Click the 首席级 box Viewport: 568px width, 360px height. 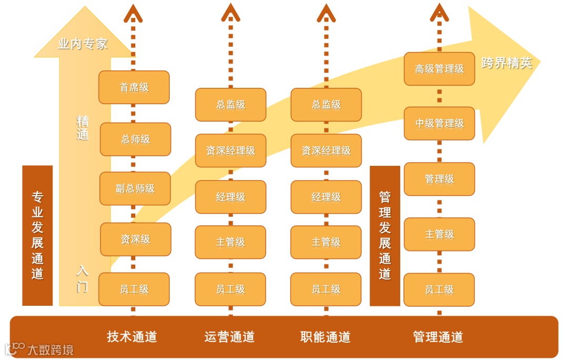(x=134, y=87)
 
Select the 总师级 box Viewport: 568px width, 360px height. (x=136, y=139)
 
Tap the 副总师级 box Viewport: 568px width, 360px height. (x=135, y=188)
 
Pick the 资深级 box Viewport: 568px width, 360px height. (x=136, y=239)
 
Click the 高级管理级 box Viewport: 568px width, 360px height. (x=439, y=68)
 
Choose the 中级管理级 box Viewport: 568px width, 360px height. (x=439, y=124)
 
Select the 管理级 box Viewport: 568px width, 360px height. (x=439, y=179)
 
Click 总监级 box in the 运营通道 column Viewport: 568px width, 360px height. (x=230, y=105)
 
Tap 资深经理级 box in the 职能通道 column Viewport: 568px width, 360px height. (x=326, y=151)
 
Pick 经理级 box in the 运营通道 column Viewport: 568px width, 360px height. (x=230, y=197)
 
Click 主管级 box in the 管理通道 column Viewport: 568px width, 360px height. (x=439, y=234)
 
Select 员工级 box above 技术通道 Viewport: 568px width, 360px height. (x=134, y=289)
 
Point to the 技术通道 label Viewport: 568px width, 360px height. (x=132, y=337)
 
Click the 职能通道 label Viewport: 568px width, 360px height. (x=326, y=337)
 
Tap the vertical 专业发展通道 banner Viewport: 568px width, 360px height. (x=37, y=235)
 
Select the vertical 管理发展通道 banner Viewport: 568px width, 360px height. (x=385, y=235)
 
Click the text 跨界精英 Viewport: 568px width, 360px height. (x=507, y=63)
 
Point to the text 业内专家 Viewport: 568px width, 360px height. (x=83, y=44)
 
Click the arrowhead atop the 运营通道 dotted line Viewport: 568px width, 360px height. (x=230, y=13)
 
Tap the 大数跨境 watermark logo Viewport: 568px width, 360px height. (x=39, y=349)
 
